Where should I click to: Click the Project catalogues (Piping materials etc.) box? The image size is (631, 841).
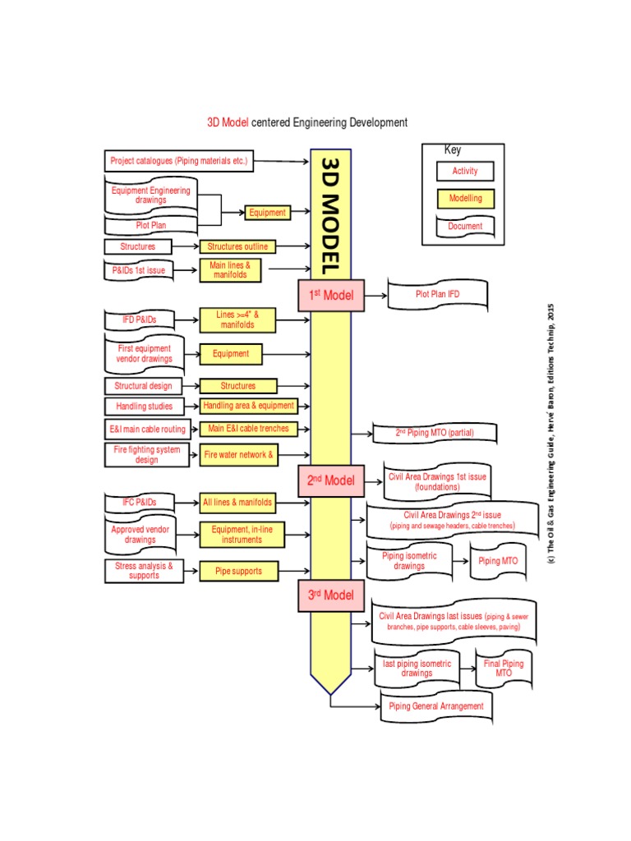coord(178,161)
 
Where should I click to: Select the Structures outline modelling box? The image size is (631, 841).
coord(237,246)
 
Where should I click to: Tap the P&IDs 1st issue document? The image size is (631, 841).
coord(139,269)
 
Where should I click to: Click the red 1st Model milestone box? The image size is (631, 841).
coord(330,295)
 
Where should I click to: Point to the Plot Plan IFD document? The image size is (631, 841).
coord(436,295)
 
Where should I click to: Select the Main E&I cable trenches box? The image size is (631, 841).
coord(248,429)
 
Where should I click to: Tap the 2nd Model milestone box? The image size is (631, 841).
coord(330,480)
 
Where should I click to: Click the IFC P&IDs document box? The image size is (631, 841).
coord(139,502)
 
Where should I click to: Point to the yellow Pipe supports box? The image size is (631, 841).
coord(239,571)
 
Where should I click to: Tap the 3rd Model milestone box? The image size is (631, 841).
coord(330,595)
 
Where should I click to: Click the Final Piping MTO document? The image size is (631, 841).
coord(503,668)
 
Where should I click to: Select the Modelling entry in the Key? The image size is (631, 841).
coord(465,199)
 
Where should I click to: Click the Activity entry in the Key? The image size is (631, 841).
coord(465,172)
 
